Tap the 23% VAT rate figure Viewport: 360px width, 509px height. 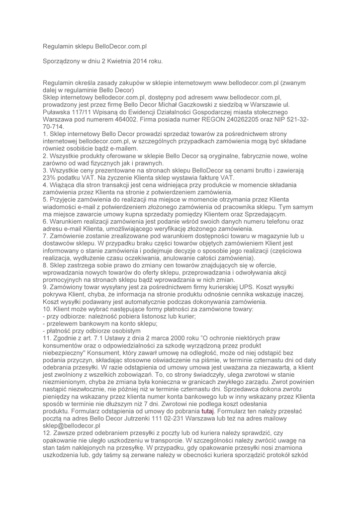pyautogui.click(x=50, y=177)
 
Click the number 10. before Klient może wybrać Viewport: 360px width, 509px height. pyautogui.click(x=48, y=309)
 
